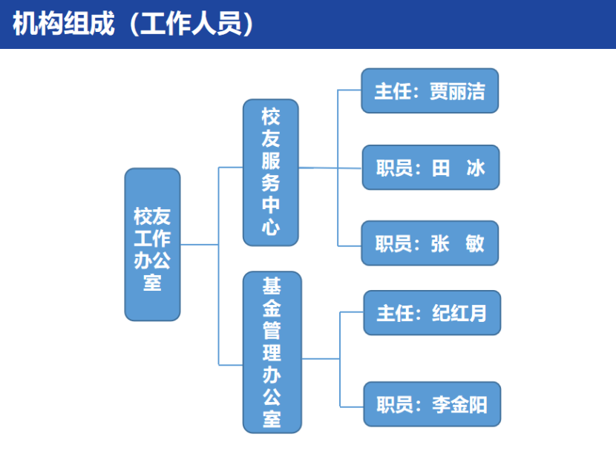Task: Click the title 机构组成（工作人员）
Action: [134, 24]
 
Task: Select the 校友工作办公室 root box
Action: [152, 245]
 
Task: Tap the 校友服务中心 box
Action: [271, 172]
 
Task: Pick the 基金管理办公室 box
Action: [272, 352]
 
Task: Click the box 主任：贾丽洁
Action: [430, 90]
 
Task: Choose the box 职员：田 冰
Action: [430, 168]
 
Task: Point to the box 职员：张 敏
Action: [430, 243]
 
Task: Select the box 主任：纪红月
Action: [431, 313]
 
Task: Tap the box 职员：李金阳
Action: [431, 404]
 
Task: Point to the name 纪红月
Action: [459, 313]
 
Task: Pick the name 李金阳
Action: [459, 404]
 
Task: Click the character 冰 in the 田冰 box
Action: [475, 168]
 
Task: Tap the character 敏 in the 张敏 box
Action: [475, 243]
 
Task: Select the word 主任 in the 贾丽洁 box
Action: [392, 90]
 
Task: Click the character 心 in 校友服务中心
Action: [271, 227]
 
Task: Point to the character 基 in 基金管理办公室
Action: [272, 286]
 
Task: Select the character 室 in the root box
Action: [152, 283]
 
